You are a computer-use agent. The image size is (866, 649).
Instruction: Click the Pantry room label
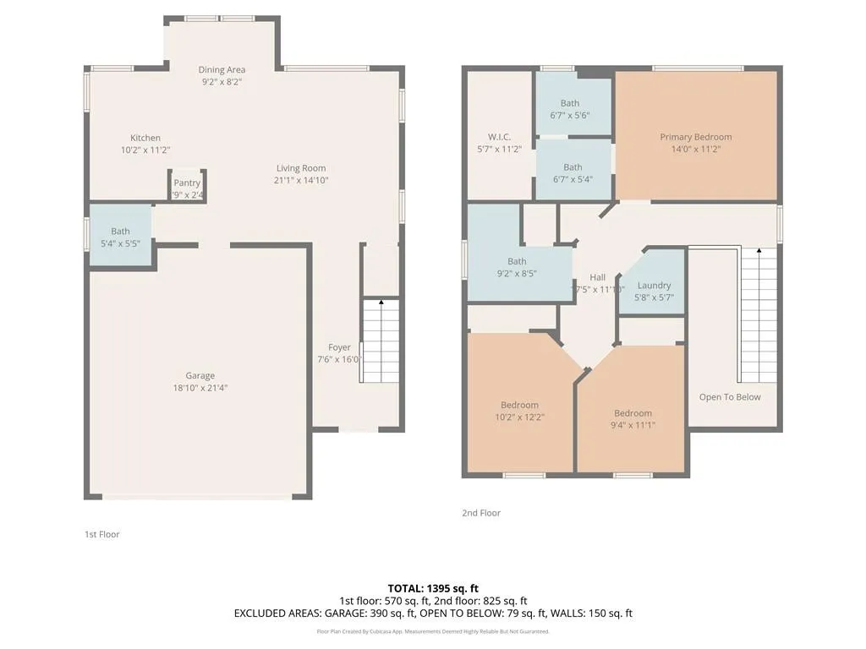(187, 183)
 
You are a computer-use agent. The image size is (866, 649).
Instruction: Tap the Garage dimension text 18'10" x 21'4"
(200, 388)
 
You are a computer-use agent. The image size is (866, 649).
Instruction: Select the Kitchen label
(145, 138)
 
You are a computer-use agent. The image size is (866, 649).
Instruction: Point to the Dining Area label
(222, 69)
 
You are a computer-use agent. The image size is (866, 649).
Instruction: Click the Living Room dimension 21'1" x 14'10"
(300, 180)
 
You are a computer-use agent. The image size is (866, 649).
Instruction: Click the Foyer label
(339, 347)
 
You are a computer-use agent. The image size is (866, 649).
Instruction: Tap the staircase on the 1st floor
(380, 341)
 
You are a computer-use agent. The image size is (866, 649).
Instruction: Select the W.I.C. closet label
(499, 137)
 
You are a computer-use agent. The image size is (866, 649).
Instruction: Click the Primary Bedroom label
(695, 137)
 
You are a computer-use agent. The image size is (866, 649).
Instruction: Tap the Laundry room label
(654, 286)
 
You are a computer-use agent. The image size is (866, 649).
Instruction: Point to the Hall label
(597, 277)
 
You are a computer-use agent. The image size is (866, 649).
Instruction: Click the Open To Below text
(729, 397)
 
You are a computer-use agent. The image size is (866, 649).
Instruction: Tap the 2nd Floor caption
(480, 513)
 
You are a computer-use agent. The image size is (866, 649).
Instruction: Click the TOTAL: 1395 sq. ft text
(433, 588)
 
